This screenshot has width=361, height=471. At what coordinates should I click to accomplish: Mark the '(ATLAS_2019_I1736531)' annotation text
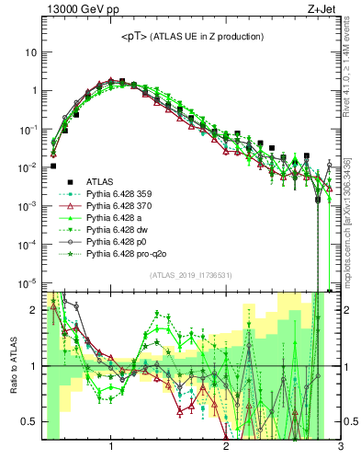190,274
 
